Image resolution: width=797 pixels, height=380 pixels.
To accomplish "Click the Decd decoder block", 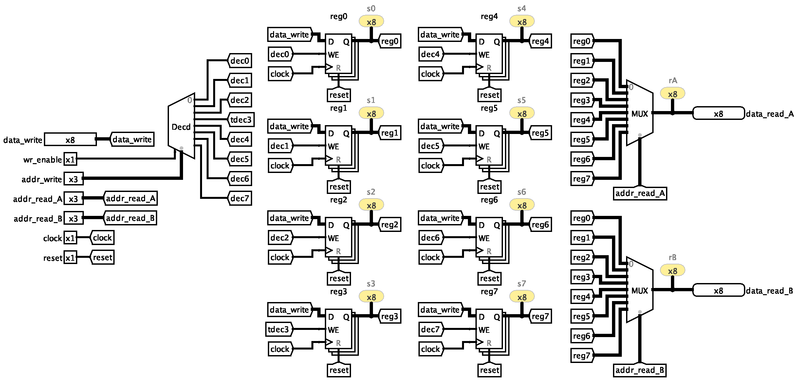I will click(x=181, y=126).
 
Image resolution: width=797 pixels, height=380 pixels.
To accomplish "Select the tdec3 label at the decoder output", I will click(x=241, y=120).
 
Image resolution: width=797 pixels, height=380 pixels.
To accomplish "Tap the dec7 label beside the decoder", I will click(x=240, y=198).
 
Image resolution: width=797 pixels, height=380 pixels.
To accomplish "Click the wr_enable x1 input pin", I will click(x=70, y=160).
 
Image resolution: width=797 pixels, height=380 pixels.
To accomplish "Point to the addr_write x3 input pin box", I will click(x=73, y=179).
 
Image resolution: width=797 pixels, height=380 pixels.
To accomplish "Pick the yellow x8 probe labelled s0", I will click(x=371, y=22).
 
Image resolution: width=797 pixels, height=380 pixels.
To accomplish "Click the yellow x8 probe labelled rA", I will click(x=673, y=94).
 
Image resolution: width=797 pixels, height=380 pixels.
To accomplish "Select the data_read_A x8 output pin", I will click(x=718, y=113).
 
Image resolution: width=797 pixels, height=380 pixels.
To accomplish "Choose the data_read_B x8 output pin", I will click(x=718, y=290).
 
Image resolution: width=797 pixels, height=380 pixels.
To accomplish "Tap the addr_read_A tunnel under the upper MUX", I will click(x=640, y=193).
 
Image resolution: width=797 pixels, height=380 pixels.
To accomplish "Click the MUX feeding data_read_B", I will click(x=639, y=290).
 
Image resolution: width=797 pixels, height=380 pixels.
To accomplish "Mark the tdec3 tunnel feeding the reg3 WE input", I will click(x=279, y=329).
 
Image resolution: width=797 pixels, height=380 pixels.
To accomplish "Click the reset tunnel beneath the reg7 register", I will click(x=490, y=370).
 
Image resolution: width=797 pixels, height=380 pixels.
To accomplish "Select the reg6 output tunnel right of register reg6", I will click(x=540, y=224).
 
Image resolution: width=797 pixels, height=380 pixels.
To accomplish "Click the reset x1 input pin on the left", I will click(x=70, y=258).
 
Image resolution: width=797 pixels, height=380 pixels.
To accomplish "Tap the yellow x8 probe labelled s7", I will click(x=522, y=297).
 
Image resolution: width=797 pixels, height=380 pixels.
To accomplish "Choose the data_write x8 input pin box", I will click(x=70, y=140).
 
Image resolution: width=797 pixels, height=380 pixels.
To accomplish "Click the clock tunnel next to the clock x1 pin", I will click(x=102, y=238).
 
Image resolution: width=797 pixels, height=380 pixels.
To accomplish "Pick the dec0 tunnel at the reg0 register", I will click(x=280, y=54).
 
